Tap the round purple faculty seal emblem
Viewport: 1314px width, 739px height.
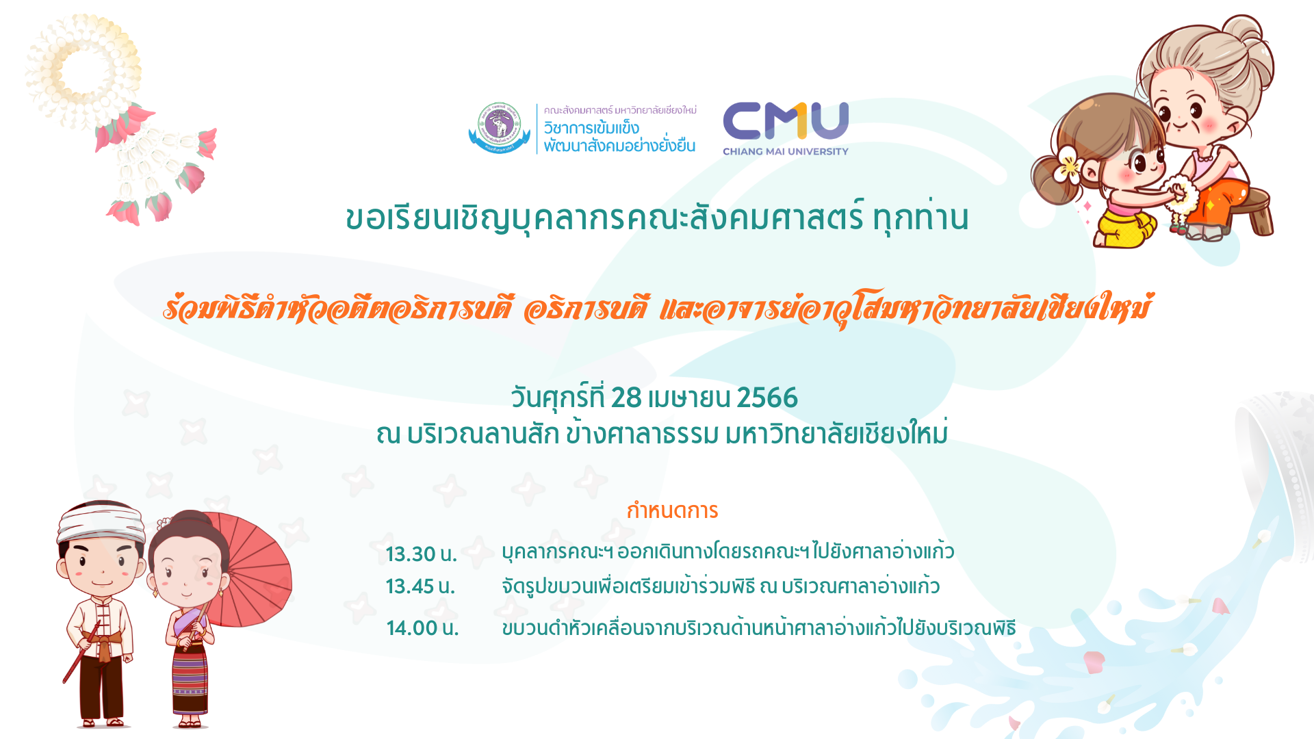tap(500, 128)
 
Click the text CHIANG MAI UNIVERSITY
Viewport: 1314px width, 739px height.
tap(786, 151)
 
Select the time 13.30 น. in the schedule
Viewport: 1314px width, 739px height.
tap(421, 554)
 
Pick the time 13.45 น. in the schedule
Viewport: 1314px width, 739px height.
tap(420, 586)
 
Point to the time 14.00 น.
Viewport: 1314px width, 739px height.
tap(422, 627)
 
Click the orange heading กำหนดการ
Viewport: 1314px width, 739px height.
tap(672, 510)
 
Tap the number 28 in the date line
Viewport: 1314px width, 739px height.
tap(626, 398)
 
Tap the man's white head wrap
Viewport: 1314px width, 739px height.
tap(101, 521)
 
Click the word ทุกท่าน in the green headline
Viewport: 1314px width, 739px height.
tap(921, 218)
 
